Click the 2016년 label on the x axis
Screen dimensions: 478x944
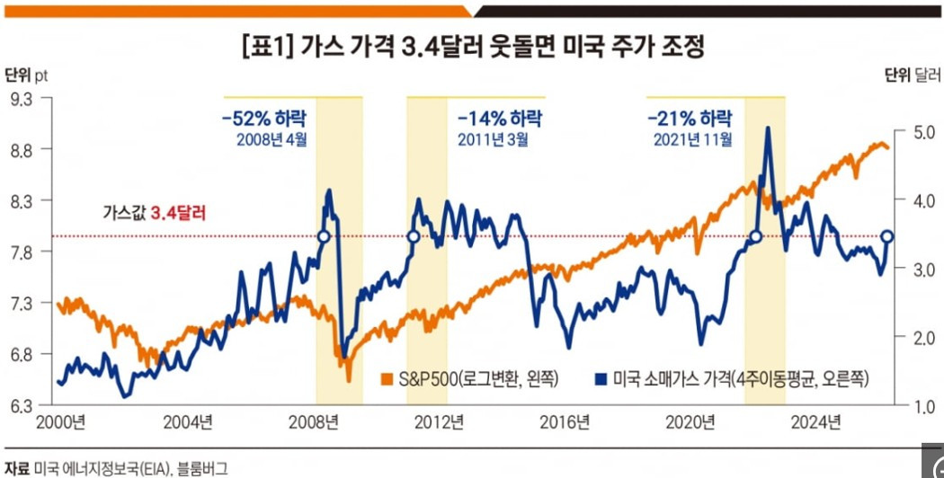pyautogui.click(x=570, y=422)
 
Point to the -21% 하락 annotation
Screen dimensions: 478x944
pyautogui.click(x=689, y=118)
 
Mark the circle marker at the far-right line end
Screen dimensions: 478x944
pyautogui.click(x=887, y=236)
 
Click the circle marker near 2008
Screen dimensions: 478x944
pyautogui.click(x=324, y=236)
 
